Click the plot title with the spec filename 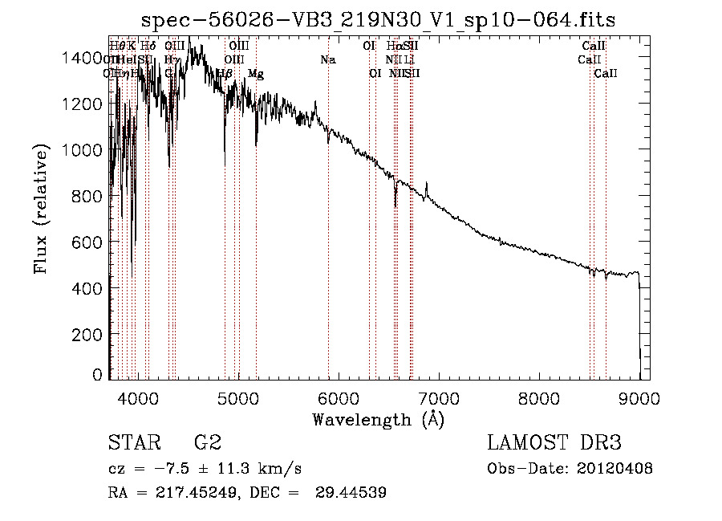point(378,20)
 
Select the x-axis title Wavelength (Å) point(378,419)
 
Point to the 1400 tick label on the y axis point(83,56)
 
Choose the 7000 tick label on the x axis point(439,397)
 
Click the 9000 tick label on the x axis point(639,397)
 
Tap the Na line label point(327,60)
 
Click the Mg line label point(256,74)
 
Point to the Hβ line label point(225,74)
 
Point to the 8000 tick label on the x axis point(539,397)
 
